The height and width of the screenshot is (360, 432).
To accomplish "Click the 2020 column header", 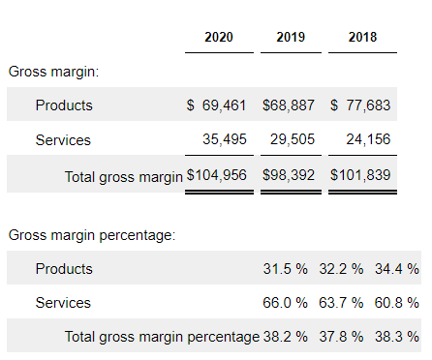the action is [219, 37].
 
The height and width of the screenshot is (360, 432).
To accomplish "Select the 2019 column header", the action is [291, 37].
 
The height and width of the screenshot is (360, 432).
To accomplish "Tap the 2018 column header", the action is [362, 37].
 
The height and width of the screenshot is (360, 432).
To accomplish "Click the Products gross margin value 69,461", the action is [224, 105].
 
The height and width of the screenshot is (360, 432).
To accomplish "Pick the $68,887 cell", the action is [289, 105].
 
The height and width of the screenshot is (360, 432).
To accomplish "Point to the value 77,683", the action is [368, 105].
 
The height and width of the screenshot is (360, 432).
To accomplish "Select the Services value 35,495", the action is [225, 139].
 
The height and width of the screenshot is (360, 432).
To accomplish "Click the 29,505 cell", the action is [293, 139].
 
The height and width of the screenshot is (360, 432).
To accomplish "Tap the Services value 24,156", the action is [368, 139].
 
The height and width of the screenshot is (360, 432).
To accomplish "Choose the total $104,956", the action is [217, 175].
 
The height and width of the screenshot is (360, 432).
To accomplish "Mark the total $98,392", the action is [289, 175].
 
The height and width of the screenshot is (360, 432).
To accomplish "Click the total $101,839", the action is [360, 175].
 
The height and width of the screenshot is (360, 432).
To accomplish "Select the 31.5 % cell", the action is [285, 269].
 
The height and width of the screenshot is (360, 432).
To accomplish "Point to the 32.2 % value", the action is [341, 269].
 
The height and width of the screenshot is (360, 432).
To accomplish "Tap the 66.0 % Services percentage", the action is [285, 303].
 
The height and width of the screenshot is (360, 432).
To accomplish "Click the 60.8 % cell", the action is [397, 303].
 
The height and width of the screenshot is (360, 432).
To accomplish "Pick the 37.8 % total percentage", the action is [341, 337].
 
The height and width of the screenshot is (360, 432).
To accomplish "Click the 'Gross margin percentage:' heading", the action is [92, 235].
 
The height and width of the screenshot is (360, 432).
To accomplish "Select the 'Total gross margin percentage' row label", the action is [162, 337].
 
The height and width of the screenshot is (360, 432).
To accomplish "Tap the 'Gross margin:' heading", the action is [53, 72].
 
